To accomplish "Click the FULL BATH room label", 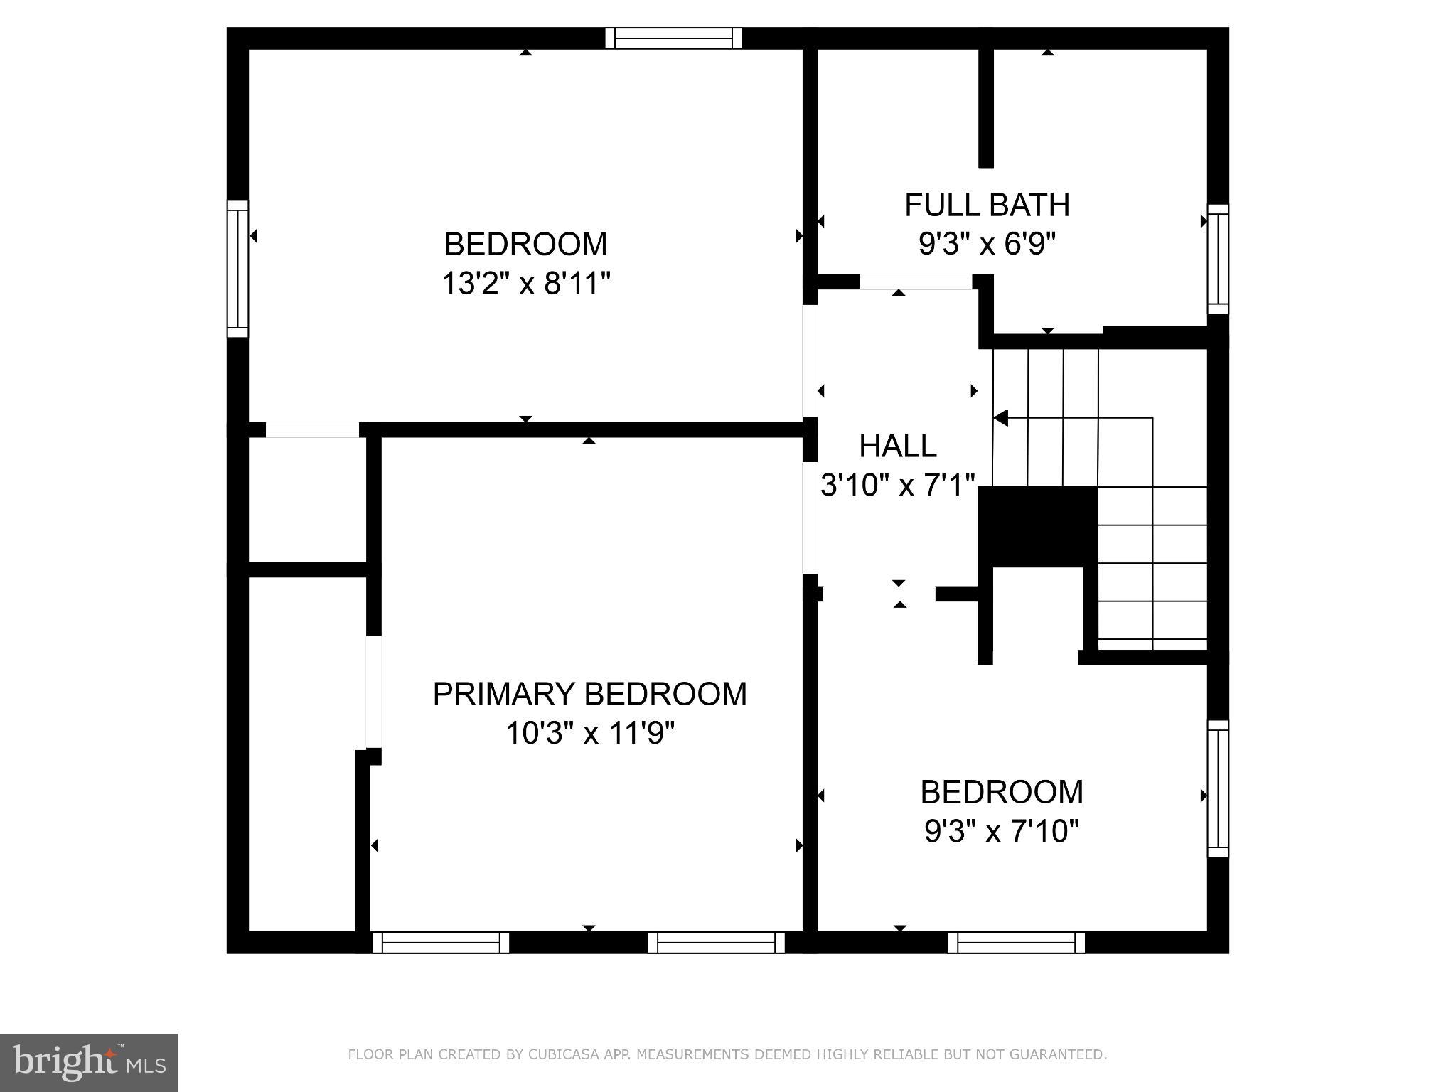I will point(987,205).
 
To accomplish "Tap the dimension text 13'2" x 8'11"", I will point(526,284).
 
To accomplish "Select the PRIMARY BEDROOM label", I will point(589,694).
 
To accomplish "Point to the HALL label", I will point(897,446).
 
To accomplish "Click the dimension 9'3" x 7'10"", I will point(1002,830).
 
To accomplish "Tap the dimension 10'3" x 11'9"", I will point(589,733).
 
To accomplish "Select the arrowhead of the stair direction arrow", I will point(1000,419).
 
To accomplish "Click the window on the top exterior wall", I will point(673,38).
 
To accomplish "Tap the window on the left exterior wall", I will point(238,269).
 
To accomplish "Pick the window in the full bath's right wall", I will point(1218,259).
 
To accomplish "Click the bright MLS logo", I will point(88,1062).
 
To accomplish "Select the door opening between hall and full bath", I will point(916,282).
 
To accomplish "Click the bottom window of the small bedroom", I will point(1016,942).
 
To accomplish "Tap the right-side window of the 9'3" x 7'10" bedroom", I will point(1218,788).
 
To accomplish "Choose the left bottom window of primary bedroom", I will point(441,942).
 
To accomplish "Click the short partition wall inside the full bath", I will point(985,107).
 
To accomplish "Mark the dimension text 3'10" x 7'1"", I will point(897,486).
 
